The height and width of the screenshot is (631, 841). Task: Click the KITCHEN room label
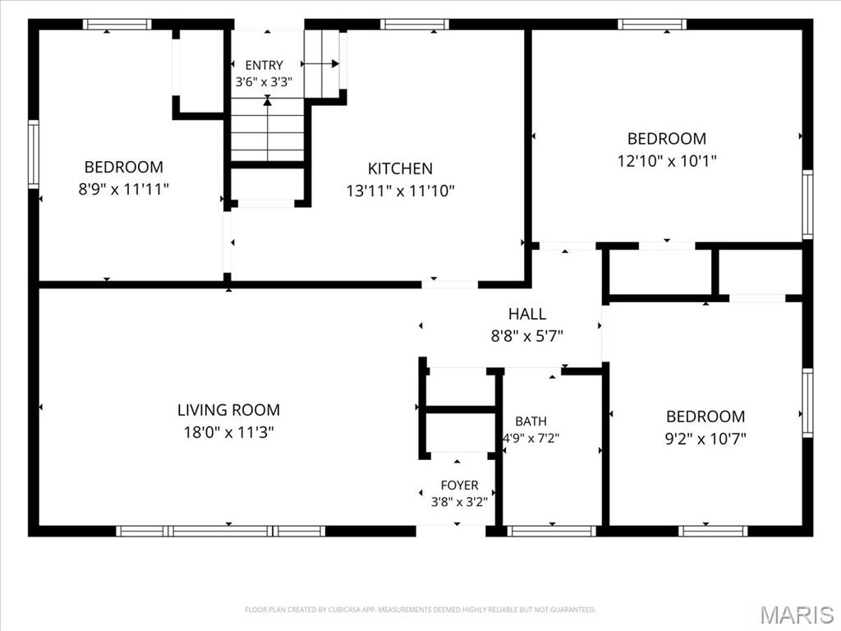pyautogui.click(x=400, y=168)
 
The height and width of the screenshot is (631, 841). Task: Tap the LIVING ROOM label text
pyautogui.click(x=228, y=410)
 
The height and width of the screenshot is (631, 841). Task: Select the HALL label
pyautogui.click(x=527, y=314)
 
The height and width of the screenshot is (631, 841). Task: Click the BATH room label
pyautogui.click(x=531, y=421)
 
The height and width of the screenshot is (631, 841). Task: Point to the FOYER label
pyautogui.click(x=459, y=486)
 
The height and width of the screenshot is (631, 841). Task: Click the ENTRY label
pyautogui.click(x=264, y=66)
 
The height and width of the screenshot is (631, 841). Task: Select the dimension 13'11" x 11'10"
pyautogui.click(x=400, y=191)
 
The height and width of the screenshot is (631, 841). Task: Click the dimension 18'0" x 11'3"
pyautogui.click(x=228, y=432)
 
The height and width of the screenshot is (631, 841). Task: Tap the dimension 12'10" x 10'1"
pyautogui.click(x=667, y=161)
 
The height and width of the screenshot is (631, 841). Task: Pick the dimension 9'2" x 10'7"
pyautogui.click(x=705, y=440)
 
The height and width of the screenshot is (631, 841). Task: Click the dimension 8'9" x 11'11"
pyautogui.click(x=123, y=190)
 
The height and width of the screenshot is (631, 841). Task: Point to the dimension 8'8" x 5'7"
pyautogui.click(x=527, y=336)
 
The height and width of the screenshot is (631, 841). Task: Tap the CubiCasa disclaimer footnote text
pyautogui.click(x=420, y=610)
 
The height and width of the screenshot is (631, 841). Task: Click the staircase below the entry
pyautogui.click(x=268, y=129)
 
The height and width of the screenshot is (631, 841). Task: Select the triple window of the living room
pyautogui.click(x=220, y=532)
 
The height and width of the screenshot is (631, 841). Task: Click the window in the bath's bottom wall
pyautogui.click(x=551, y=532)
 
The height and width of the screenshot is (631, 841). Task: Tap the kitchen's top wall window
pyautogui.click(x=414, y=24)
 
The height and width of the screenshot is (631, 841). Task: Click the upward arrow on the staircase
pyautogui.click(x=267, y=128)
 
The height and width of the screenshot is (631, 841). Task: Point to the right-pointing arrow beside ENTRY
pyautogui.click(x=321, y=64)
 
